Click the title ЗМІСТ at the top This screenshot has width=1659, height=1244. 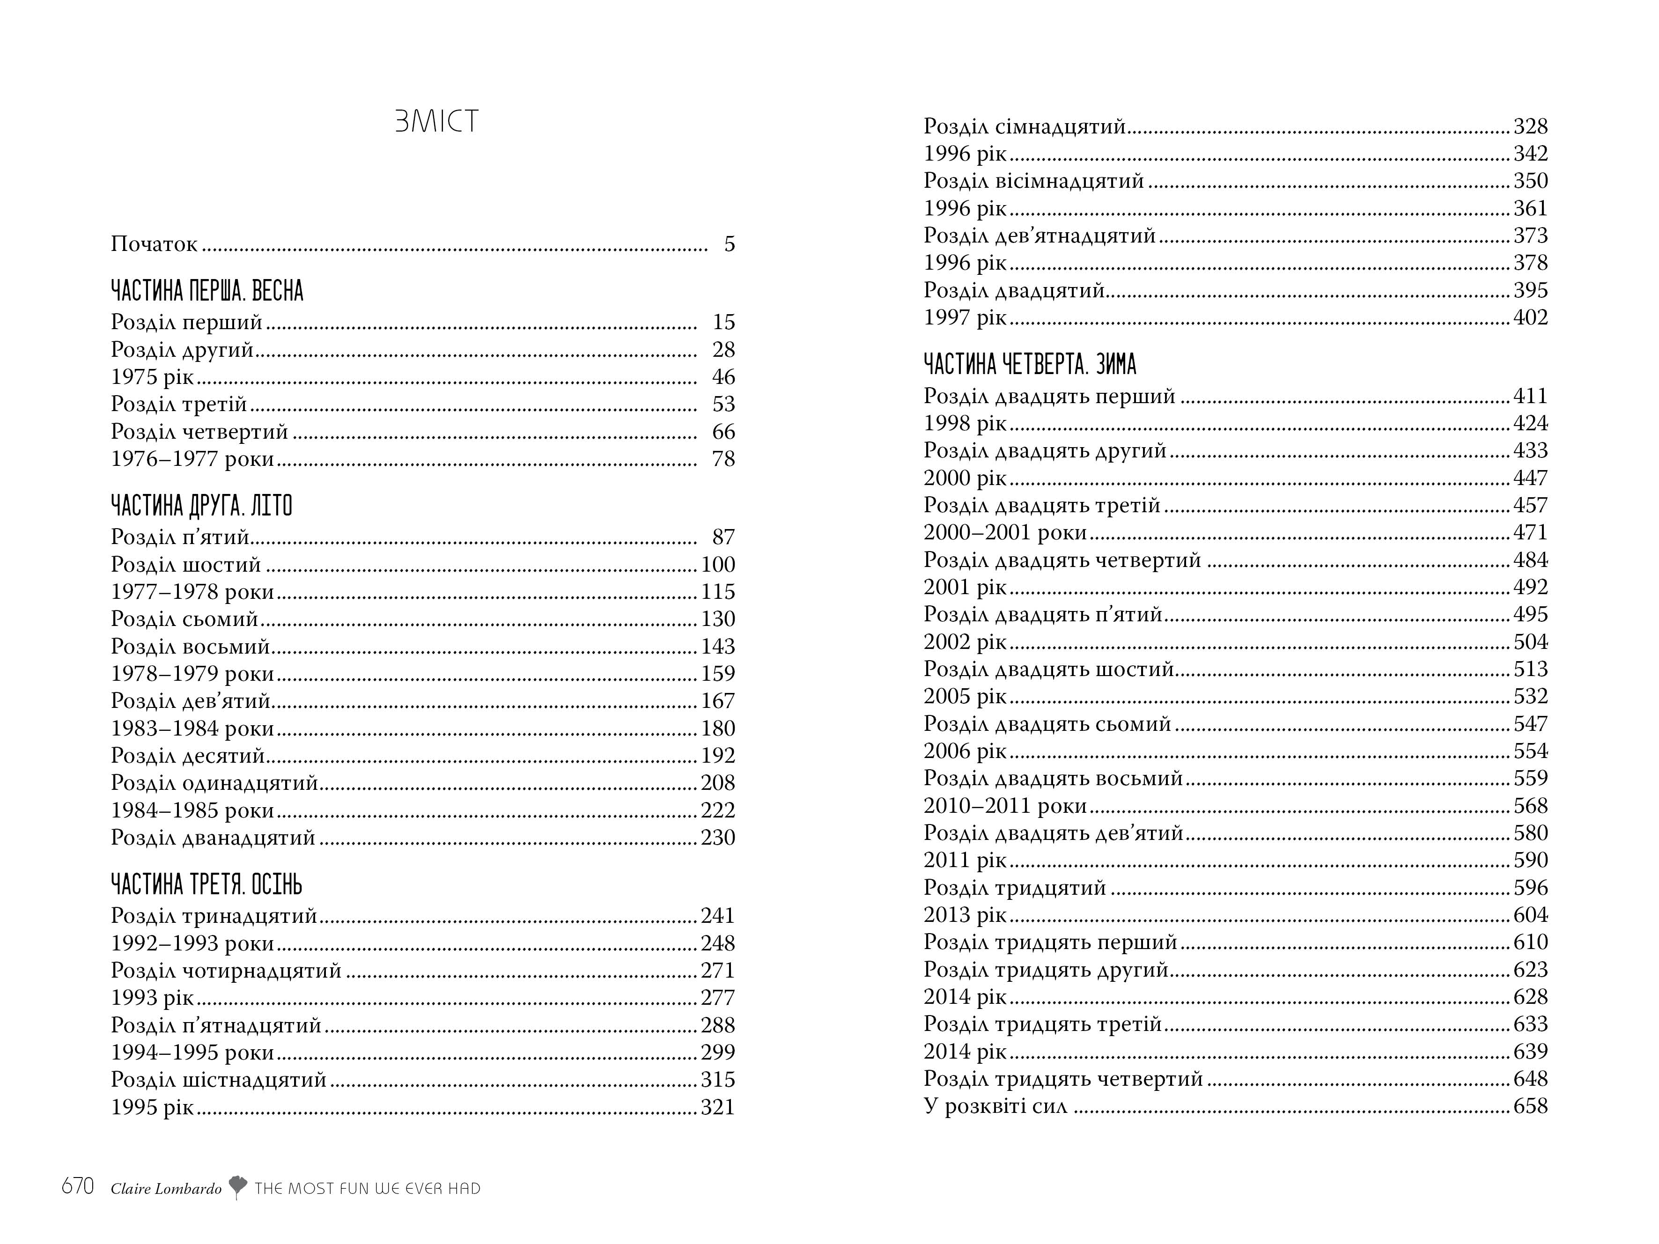436,121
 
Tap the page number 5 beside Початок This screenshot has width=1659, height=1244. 729,244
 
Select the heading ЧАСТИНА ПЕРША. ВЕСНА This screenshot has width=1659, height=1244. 207,291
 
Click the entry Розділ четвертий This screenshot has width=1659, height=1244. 199,432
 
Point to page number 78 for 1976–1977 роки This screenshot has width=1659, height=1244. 723,459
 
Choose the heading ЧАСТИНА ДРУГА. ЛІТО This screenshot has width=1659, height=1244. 201,506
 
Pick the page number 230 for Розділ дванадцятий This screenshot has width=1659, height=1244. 718,838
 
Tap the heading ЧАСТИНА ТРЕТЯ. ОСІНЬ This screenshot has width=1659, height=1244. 206,885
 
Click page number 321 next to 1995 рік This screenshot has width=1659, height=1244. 718,1108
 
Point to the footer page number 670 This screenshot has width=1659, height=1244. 78,1187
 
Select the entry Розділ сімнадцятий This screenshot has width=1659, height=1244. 1025,127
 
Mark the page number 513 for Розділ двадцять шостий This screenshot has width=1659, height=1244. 1530,670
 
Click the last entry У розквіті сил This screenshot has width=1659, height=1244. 995,1107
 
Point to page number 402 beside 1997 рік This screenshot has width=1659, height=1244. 1530,318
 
